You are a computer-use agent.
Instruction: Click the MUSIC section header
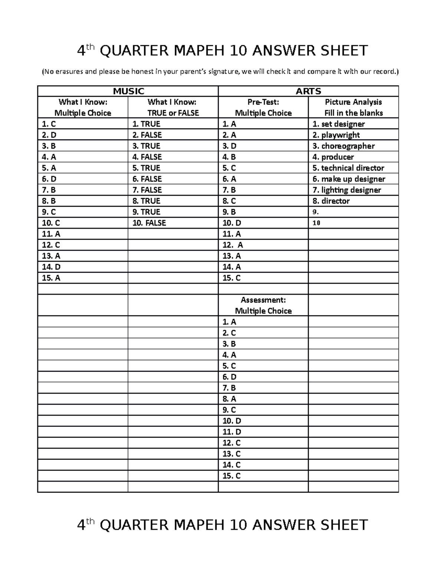[x=128, y=91]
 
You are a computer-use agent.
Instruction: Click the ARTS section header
[x=308, y=91]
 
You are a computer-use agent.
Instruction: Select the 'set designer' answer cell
[x=339, y=124]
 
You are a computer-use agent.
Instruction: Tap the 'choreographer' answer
[x=343, y=146]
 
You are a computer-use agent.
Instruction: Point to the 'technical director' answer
[x=348, y=168]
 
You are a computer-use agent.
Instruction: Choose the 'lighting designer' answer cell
[x=347, y=190]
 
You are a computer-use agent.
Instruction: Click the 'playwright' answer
[x=336, y=135]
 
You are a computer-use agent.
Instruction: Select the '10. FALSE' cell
[x=149, y=223]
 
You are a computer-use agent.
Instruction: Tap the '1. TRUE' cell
[x=146, y=124]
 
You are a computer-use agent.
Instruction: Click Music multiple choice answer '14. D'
[x=51, y=267]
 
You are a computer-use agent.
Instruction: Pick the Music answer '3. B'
[x=49, y=146]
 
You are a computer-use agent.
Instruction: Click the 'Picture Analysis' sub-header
[x=353, y=102]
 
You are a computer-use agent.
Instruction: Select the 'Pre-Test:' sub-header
[x=263, y=102]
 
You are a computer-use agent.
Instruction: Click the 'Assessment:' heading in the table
[x=263, y=300]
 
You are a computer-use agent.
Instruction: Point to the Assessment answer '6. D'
[x=229, y=377]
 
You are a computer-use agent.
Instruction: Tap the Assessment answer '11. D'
[x=232, y=432]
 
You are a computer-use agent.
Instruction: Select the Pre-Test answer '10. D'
[x=232, y=223]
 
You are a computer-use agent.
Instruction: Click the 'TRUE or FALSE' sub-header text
[x=173, y=113]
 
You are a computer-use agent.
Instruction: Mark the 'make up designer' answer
[x=349, y=179]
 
